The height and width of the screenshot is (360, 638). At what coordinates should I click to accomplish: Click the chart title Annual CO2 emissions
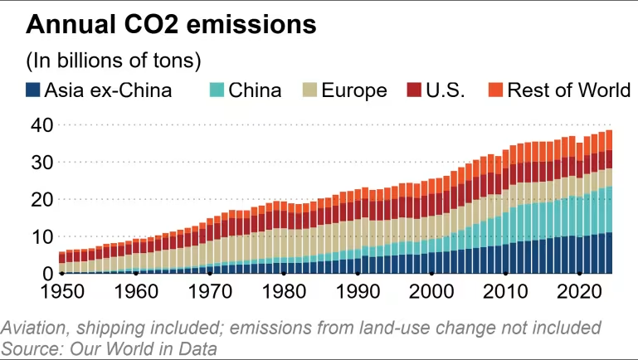(171, 24)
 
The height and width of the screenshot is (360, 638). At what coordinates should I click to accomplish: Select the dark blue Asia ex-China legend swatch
(33, 90)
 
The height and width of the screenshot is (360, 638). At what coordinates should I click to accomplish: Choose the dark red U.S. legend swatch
(413, 90)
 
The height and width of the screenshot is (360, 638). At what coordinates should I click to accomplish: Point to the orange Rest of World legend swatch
(495, 90)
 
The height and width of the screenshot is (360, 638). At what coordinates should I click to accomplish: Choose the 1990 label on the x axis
(358, 291)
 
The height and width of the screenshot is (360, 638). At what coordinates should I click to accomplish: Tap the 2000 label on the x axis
(431, 291)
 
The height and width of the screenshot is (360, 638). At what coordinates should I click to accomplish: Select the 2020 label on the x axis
(579, 291)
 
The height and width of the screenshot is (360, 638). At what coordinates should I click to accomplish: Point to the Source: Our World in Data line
(110, 348)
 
